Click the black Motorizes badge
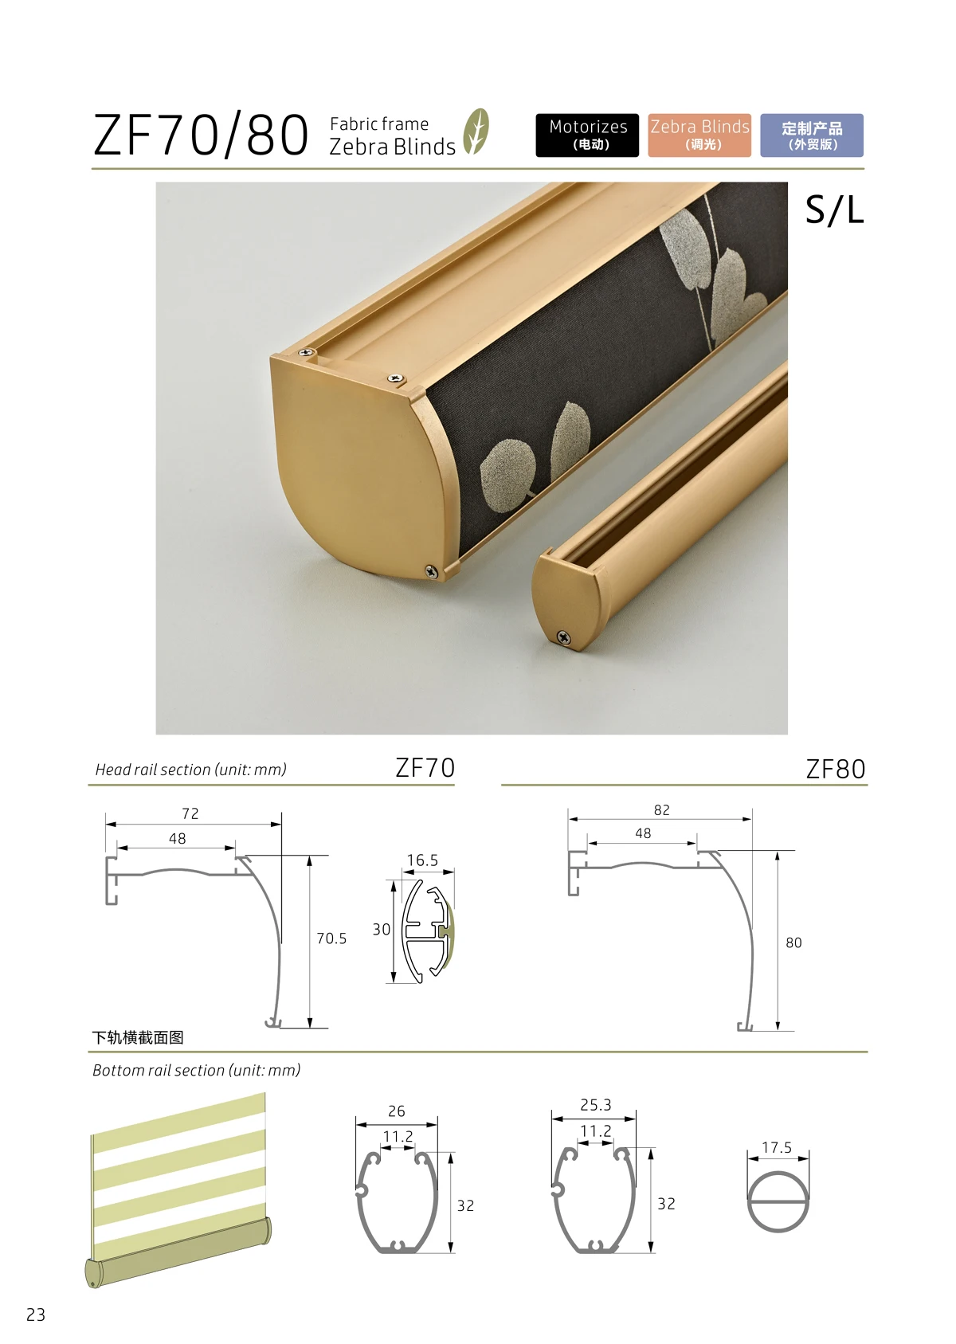587,135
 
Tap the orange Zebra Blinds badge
699,135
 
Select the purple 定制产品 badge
811,135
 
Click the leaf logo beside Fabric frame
476,131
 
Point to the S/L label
834,210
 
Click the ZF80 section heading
836,769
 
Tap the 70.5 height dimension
331,938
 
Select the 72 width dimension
190,813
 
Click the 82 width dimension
661,809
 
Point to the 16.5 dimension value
422,860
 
